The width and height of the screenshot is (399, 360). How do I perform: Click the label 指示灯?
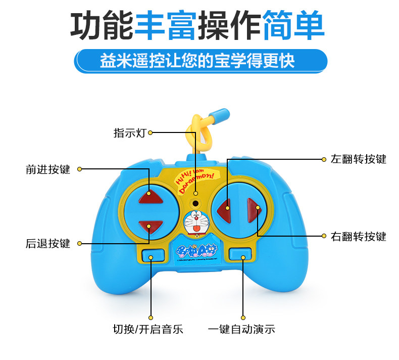click(130, 133)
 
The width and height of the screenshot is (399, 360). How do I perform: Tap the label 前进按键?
click(48, 169)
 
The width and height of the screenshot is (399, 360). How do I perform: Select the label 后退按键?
click(48, 243)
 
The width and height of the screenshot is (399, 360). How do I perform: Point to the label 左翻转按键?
click(358, 159)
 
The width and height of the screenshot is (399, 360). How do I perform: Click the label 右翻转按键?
click(358, 236)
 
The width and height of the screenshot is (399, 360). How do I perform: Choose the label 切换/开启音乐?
click(148, 330)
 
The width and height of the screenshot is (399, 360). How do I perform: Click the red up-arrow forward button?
click(150, 195)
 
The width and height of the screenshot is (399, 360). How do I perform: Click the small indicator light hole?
click(195, 204)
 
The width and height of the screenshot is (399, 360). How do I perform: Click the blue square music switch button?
click(151, 255)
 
